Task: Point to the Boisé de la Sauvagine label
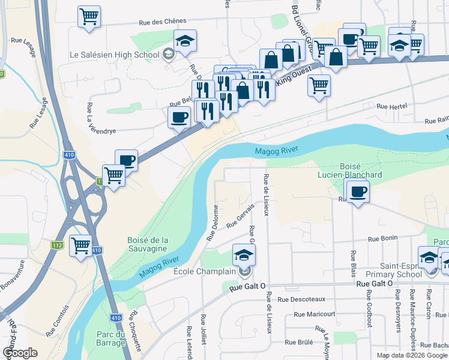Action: click(148, 245)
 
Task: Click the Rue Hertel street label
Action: click(391, 106)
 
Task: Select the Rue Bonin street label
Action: click(382, 238)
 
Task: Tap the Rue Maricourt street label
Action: click(315, 314)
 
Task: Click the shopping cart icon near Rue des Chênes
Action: click(89, 16)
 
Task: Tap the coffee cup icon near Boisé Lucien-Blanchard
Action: click(358, 191)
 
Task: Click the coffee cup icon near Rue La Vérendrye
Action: click(179, 117)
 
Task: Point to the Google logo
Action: click(20, 353)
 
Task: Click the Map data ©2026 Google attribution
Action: click(411, 355)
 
